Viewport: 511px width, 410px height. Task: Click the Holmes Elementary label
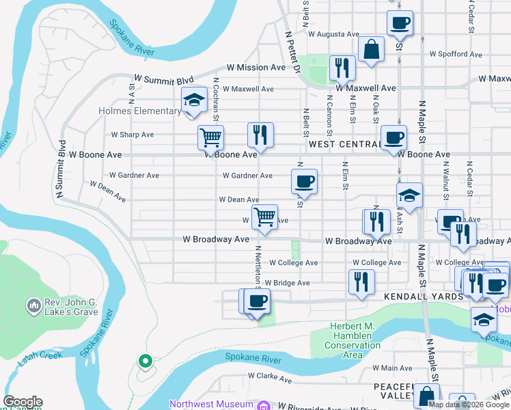[139, 111]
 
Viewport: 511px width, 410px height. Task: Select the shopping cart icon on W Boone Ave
[210, 137]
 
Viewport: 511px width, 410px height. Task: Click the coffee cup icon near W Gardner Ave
[304, 181]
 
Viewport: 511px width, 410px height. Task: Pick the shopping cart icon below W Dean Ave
[264, 217]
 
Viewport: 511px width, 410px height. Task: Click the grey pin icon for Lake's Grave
[33, 303]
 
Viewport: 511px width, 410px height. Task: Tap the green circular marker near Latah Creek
[144, 361]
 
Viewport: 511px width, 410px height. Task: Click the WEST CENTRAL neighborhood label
[344, 144]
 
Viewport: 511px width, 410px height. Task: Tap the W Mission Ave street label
[257, 68]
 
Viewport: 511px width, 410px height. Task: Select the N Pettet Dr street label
[291, 52]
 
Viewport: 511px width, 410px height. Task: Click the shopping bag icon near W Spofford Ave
[370, 50]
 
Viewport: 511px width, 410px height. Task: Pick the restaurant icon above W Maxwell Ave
[340, 68]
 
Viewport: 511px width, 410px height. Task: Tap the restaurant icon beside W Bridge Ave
[360, 282]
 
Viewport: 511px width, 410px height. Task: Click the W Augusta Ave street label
[333, 33]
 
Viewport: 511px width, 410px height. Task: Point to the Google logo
[23, 402]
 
